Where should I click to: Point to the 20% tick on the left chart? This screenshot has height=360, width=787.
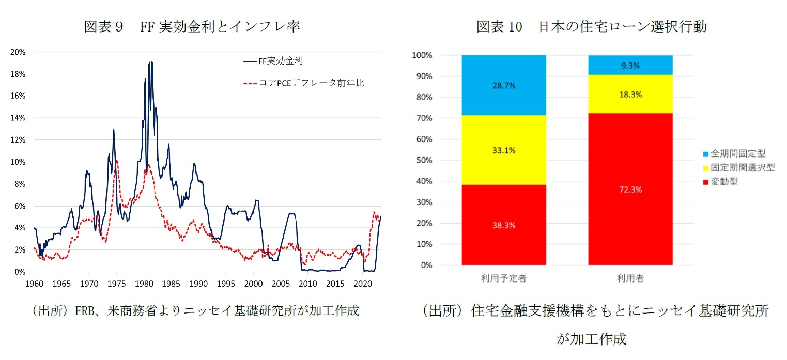[x=19, y=52]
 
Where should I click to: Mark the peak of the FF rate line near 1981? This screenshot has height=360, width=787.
[x=150, y=62]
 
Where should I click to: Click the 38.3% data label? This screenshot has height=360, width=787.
[x=504, y=225]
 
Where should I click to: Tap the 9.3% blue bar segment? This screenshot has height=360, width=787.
[x=630, y=65]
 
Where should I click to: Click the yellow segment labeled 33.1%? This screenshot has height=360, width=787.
[x=504, y=151]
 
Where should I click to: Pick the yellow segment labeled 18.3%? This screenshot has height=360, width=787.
[x=630, y=95]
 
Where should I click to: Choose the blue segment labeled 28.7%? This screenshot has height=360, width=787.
[x=504, y=86]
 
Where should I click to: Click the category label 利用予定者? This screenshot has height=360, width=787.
[x=504, y=278]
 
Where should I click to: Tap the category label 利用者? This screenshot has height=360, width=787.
[x=630, y=278]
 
